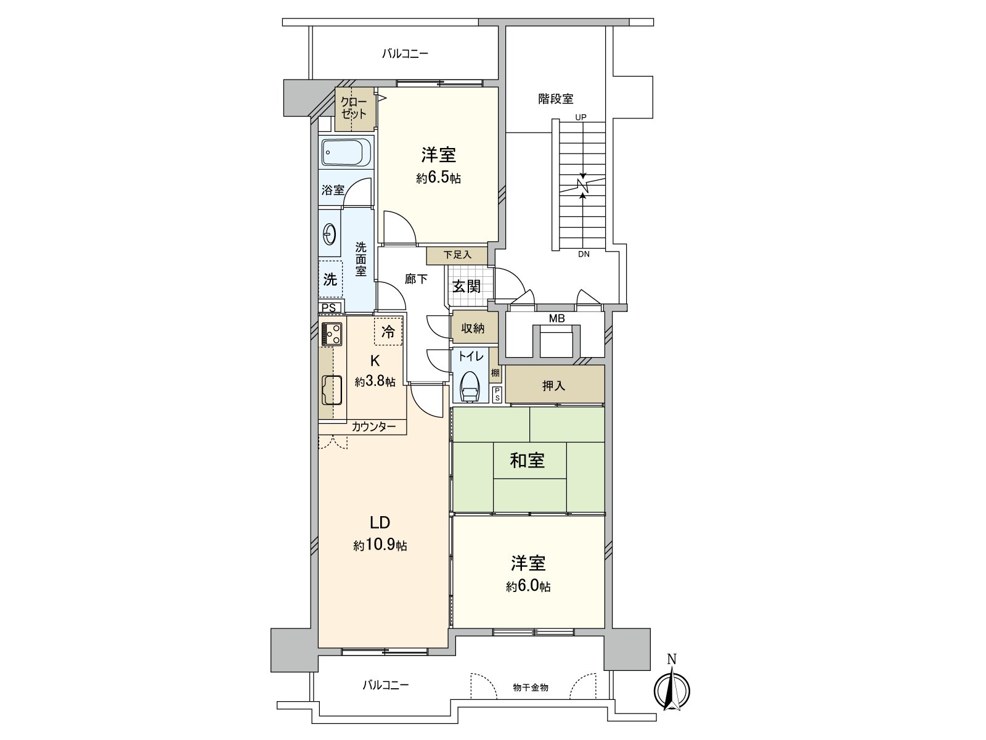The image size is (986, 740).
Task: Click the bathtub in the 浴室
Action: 346,151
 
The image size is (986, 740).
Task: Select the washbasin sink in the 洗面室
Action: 330,233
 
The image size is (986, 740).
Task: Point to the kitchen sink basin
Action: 332,390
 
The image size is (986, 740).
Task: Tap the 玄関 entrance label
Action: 467,286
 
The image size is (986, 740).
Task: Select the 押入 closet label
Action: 553,386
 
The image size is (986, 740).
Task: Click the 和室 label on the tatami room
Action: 528,460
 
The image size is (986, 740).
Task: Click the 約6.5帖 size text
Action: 438,178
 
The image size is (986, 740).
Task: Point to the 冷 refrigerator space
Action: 388,332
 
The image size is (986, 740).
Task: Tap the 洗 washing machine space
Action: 330,279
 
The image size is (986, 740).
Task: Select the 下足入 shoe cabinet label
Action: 457,255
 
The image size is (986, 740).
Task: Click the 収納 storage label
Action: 473,329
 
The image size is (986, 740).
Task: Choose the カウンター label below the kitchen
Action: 374,426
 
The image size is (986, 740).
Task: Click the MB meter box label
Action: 556,318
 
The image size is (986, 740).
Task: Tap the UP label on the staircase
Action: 581,117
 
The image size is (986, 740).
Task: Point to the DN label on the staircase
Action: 583,253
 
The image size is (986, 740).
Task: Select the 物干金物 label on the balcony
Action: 531,687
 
